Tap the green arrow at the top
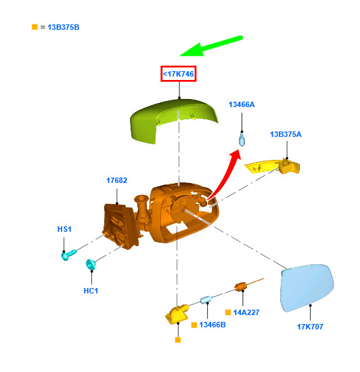[210, 46]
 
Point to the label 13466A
[242, 104]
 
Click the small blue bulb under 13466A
[242, 140]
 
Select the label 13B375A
[286, 134]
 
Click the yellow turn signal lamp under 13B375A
[273, 166]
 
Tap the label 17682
[116, 180]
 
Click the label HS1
[64, 229]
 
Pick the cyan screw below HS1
[69, 255]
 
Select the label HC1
[91, 291]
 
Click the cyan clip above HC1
[91, 264]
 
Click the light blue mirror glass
[307, 287]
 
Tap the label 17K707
[310, 327]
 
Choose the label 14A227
[246, 312]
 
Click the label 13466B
[212, 325]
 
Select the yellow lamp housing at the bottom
[177, 314]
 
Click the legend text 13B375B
[64, 27]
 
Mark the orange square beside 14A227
[228, 312]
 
